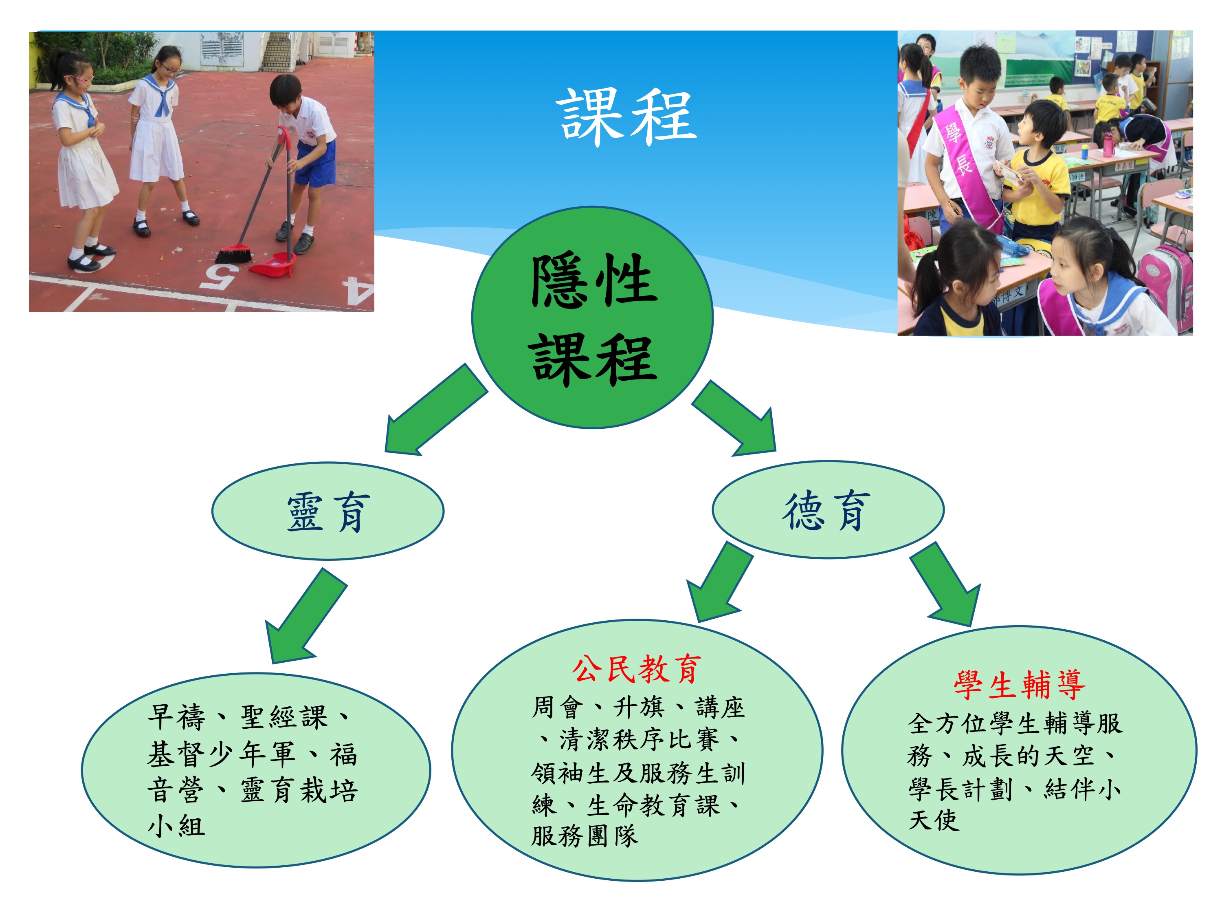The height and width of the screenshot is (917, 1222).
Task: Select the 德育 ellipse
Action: point(828,509)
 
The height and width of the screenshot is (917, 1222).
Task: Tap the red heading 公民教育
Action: point(636,669)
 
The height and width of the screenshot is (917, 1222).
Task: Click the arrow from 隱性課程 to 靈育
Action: point(436,410)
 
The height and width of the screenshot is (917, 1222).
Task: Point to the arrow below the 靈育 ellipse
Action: point(305,616)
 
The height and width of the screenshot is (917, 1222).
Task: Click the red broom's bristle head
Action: point(234,254)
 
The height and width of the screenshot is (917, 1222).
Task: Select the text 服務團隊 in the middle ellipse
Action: point(585,836)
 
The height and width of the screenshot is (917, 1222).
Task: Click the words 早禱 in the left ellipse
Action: point(176,717)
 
